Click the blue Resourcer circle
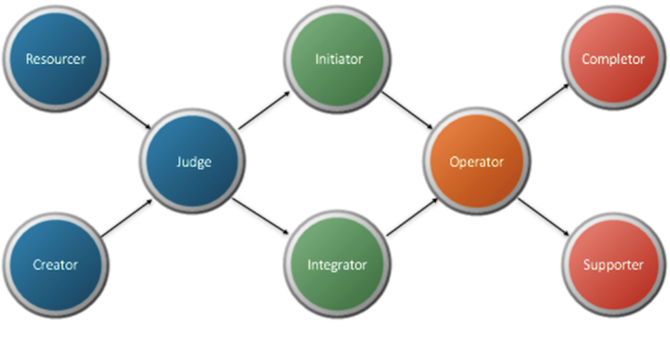[55, 60]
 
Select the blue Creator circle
[55, 264]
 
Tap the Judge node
[192, 163]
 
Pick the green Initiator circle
[339, 60]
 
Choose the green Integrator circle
[339, 264]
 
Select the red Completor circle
[613, 60]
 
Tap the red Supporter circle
[613, 264]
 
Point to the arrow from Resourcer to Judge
[124, 111]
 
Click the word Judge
[192, 163]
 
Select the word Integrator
[339, 265]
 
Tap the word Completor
[613, 60]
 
